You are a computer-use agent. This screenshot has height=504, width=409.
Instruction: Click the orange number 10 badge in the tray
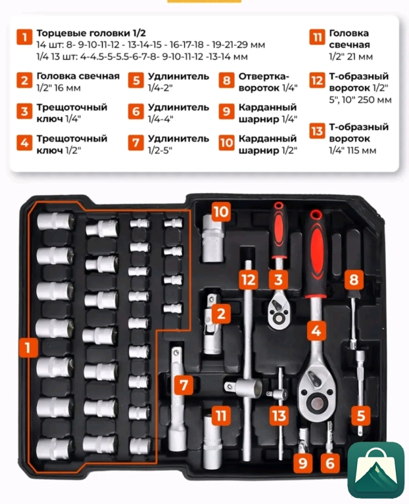pos(221,212)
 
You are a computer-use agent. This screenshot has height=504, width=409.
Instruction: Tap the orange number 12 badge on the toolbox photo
pos(249,280)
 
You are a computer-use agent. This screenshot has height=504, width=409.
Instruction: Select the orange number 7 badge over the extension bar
pos(184,385)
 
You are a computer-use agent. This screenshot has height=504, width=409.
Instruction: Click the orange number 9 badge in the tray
pos(302,463)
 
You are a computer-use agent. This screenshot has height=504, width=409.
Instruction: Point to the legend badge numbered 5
pos(136,80)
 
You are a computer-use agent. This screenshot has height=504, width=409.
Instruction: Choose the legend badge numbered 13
pos(317,131)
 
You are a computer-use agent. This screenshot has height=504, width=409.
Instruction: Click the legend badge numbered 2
pos(24,80)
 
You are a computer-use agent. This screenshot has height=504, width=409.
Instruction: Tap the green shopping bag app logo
pos(376,469)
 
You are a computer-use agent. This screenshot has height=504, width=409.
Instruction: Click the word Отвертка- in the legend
pos(264,77)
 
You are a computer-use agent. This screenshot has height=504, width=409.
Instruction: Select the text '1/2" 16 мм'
pos(59,88)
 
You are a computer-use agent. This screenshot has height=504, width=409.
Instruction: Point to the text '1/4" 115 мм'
pos(352,150)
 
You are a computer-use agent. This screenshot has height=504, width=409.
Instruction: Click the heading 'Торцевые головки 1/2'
pos(91,33)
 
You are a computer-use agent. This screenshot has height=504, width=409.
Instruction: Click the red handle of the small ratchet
pos(279,229)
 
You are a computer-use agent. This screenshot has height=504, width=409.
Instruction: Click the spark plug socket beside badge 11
pos(212,439)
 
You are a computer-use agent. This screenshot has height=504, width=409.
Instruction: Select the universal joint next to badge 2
pos(211,324)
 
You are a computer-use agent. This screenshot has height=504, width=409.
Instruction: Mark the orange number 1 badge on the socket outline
pos(28,347)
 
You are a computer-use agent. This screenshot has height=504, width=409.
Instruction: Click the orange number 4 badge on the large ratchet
pos(316,330)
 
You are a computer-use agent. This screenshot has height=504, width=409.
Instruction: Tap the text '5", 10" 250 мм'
pos(360,100)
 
